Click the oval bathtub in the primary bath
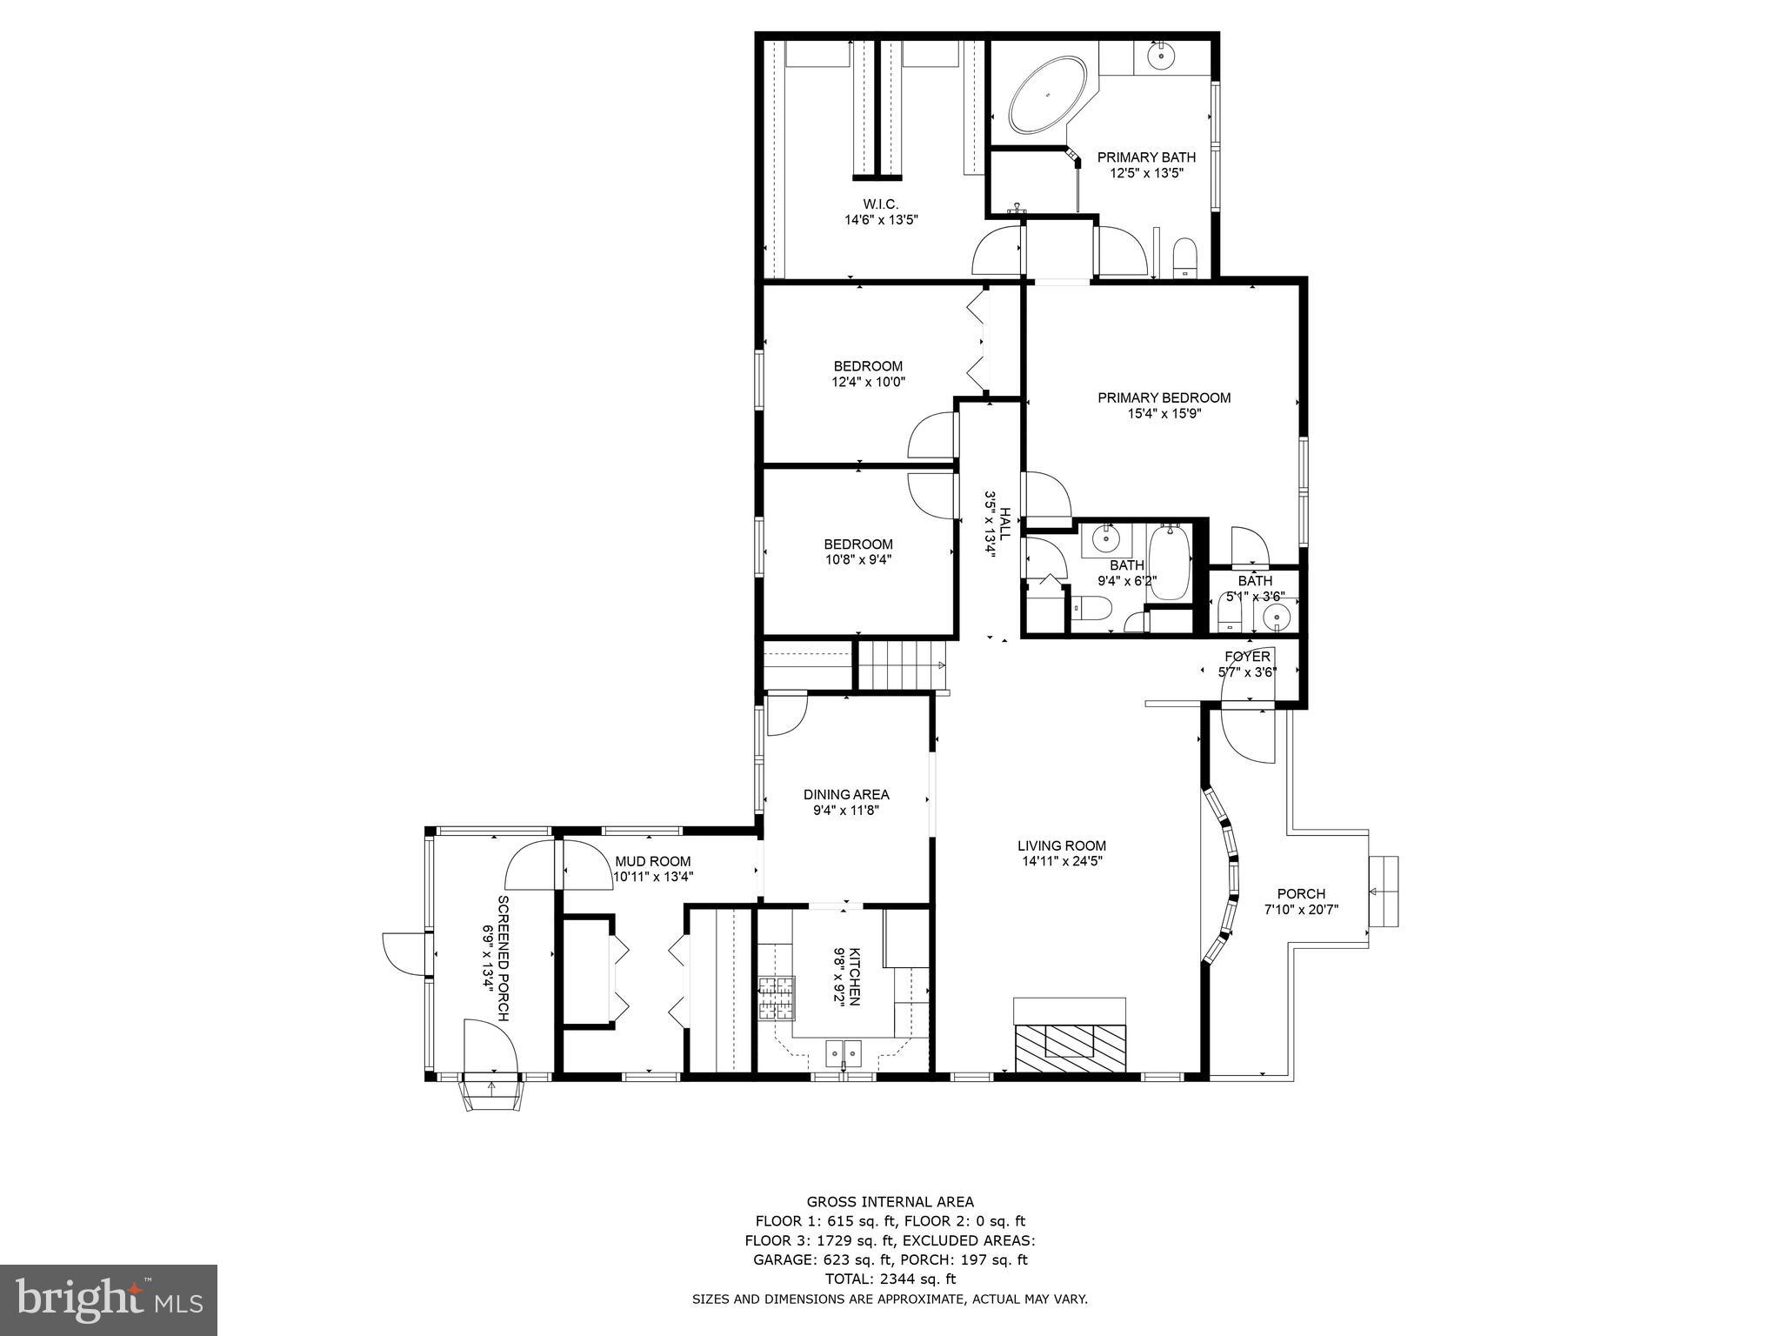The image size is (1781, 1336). (x=1047, y=96)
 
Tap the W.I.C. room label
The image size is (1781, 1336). (x=880, y=204)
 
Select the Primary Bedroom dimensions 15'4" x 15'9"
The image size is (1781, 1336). (x=1164, y=414)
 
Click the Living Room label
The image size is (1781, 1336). (x=1062, y=845)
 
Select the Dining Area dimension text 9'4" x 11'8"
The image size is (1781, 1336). (x=845, y=811)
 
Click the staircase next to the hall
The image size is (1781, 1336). (x=900, y=665)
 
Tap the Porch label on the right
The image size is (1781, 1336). (x=1301, y=893)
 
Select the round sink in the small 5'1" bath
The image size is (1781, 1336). (x=1277, y=618)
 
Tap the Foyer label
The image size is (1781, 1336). (x=1247, y=656)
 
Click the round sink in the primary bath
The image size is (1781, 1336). (x=1160, y=56)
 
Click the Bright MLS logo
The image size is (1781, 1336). (x=109, y=1299)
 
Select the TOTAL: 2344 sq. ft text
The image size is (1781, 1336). (x=890, y=1279)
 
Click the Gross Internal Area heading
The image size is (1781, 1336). (x=890, y=1202)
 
